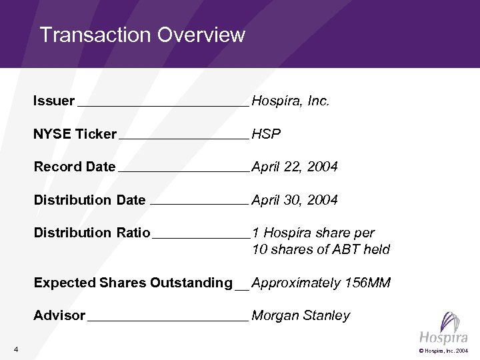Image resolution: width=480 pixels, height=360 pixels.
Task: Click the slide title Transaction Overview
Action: pos(142,35)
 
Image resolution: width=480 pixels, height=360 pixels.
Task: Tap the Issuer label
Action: pos(54,101)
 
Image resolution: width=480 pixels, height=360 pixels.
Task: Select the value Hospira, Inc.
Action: pos(291,101)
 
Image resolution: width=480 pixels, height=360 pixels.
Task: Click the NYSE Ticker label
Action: pos(75,134)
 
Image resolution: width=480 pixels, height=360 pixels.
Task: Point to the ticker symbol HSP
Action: pos(266,134)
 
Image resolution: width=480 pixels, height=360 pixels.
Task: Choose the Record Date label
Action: pos(75,167)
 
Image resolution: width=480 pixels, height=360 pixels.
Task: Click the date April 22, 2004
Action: pos(295,167)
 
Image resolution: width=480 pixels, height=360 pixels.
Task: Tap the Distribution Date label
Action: pos(89,200)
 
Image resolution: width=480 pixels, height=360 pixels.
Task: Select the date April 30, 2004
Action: pos(295,200)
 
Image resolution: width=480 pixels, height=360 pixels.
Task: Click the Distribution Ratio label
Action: pos(92,233)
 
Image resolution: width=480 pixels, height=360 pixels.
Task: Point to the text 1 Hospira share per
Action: pos(313,233)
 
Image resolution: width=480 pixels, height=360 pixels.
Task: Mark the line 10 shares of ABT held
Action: pos(321,249)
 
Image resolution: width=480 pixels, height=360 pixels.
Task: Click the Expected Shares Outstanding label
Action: pos(133,283)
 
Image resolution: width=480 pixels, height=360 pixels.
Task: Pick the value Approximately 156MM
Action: pos(321,283)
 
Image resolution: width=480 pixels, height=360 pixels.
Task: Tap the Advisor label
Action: pos(59,315)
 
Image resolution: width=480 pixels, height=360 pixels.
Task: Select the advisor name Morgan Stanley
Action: pos(301,315)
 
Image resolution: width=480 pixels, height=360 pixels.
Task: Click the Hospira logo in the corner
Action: pos(443,329)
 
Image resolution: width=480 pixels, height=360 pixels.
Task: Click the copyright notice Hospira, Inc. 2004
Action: pos(445,351)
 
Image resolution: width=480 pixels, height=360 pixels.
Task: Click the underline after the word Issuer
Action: pos(163,105)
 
